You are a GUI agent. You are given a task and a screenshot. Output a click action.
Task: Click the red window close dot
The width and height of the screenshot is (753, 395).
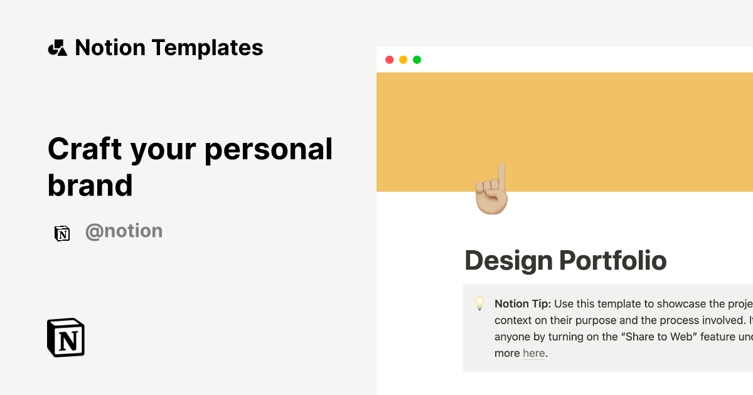pos(389,60)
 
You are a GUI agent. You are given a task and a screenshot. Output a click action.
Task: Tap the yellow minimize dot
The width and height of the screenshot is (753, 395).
pos(403,60)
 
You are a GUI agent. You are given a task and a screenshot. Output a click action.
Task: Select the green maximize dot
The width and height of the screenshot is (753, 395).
pos(417,60)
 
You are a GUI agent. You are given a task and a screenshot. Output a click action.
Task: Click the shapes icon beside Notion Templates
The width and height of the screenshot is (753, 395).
pos(57,48)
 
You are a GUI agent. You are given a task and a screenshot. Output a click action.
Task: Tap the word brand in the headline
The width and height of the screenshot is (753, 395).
pos(90,185)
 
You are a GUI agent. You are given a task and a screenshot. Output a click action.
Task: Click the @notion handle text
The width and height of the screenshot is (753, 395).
pos(124,231)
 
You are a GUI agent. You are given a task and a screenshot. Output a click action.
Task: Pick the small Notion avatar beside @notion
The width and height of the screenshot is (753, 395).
pos(61,233)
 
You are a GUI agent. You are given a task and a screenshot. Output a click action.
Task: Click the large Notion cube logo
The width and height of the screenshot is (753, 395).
pos(66,337)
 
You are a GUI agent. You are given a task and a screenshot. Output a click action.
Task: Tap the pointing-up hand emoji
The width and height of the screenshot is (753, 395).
pos(492,191)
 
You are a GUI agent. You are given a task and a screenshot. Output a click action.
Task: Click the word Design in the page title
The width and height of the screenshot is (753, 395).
pos(508,260)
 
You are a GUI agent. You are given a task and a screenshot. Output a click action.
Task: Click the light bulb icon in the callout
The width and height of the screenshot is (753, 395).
pos(479,304)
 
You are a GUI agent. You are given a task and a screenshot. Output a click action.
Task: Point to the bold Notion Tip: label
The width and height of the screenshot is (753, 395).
pos(523,304)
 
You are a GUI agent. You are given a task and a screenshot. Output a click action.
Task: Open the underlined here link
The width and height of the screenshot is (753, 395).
pos(533,353)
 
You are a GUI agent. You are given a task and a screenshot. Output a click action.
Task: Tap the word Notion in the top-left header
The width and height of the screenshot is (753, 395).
pos(110,48)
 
